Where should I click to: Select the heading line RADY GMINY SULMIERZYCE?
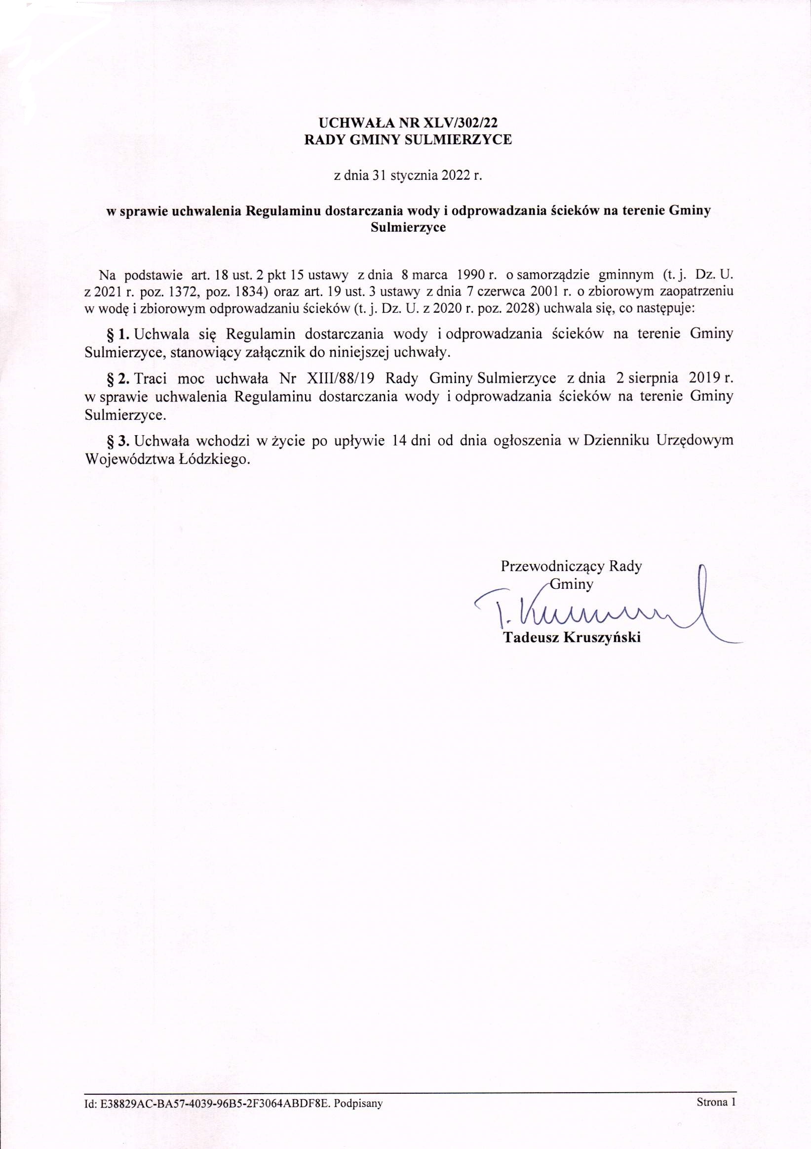coord(409,141)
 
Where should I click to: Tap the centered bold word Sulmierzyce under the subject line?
coord(408,228)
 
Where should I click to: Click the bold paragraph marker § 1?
coord(119,334)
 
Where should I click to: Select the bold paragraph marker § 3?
coord(119,441)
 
